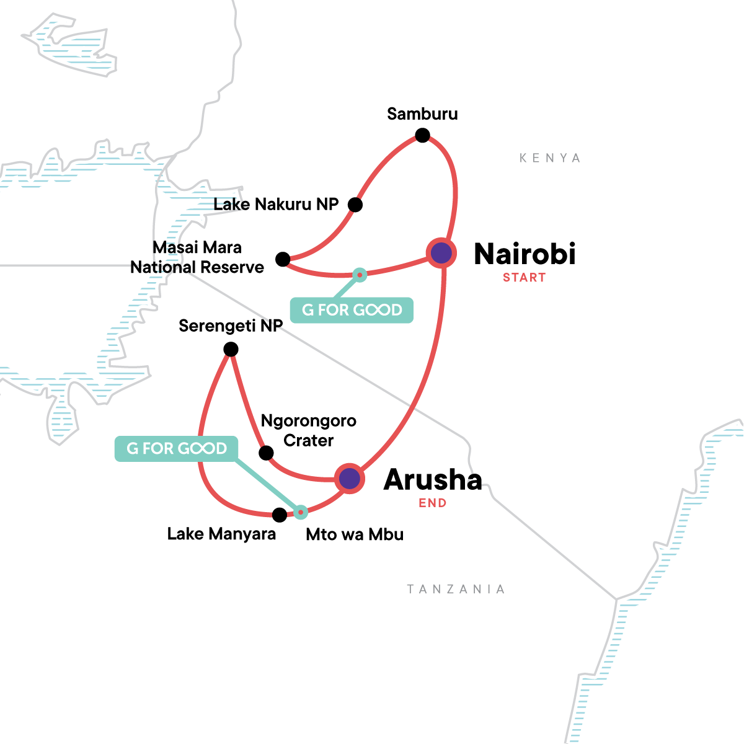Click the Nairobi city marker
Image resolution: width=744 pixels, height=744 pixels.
[441, 253]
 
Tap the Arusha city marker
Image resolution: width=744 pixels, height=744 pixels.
[350, 479]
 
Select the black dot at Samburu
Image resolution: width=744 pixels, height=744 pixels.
[422, 135]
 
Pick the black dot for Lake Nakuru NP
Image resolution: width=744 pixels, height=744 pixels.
[355, 205]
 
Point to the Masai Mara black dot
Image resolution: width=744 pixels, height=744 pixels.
[283, 259]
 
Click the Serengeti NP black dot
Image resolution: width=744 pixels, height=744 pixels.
[231, 350]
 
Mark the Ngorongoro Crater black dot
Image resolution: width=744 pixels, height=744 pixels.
[266, 453]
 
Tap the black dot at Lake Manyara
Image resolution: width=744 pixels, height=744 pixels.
[280, 515]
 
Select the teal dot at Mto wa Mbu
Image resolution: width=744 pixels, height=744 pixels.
[301, 512]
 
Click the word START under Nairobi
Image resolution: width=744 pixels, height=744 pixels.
[524, 278]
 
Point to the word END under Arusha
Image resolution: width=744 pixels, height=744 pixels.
[432, 503]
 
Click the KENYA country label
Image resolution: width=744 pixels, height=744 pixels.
[550, 158]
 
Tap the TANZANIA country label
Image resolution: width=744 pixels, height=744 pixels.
[456, 589]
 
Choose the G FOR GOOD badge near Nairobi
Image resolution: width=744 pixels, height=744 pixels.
[352, 310]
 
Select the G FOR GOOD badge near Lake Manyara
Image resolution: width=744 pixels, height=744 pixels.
[177, 448]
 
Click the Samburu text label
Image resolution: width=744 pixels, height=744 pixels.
[422, 114]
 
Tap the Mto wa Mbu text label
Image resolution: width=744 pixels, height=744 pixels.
[355, 534]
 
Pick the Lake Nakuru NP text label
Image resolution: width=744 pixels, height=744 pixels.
[276, 205]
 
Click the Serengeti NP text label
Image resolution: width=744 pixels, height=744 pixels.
[231, 326]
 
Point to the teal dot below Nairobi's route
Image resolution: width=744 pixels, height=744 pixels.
[360, 275]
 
